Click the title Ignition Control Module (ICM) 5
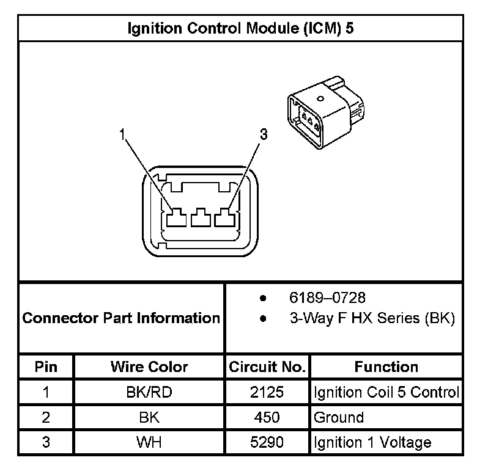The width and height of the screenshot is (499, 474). pos(240,28)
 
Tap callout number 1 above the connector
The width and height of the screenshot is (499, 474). pos(124,134)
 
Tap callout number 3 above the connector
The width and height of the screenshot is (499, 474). pos(264,134)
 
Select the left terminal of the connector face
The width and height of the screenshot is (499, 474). pos(176,217)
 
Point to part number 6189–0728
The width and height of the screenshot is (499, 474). pos(327,297)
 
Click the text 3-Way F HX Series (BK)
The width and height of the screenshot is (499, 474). pos(372,318)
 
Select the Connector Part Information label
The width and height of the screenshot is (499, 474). pos(121,318)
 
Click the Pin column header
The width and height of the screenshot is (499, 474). pos(46,367)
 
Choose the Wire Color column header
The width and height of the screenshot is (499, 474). pos(149,367)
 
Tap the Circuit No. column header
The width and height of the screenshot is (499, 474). pos(267,367)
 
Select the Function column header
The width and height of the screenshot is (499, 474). pos(386,367)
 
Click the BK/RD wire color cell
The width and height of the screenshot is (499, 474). pos(149,392)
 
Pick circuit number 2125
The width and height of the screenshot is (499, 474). pos(267,392)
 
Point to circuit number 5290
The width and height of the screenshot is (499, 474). pos(267,442)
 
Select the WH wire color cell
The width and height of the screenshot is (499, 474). pos(149,442)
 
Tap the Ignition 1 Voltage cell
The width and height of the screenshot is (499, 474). pos(372,442)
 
